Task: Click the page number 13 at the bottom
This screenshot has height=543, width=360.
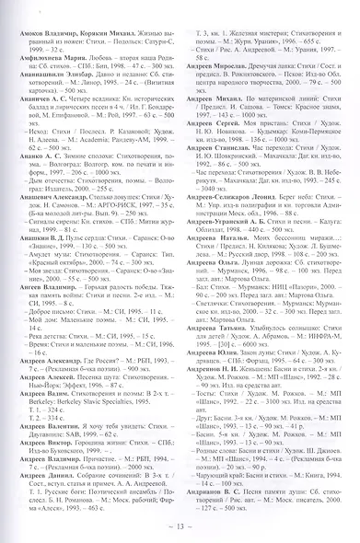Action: pos(180,526)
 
